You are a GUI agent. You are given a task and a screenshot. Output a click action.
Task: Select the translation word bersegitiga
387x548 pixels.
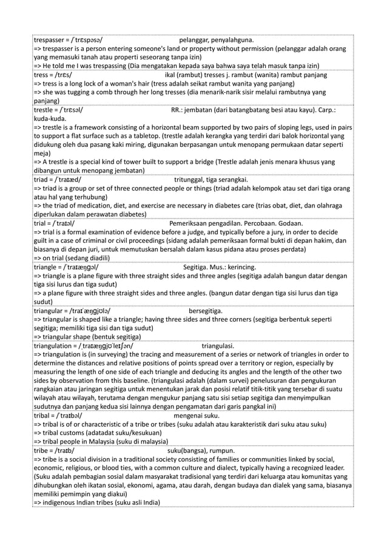pyautogui.click(x=205, y=312)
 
